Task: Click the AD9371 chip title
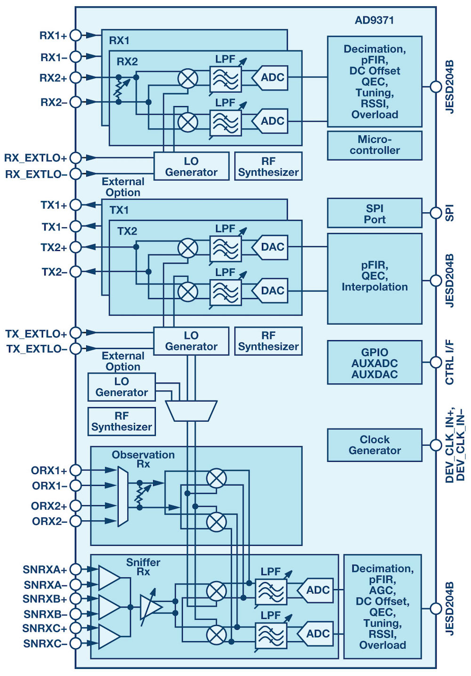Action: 374,20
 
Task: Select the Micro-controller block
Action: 374,145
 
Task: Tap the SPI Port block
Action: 374,214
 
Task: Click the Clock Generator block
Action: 374,445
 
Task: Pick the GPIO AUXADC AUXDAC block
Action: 374,363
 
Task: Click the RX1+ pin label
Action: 53,35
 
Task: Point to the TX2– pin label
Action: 54,272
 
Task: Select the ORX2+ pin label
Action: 49,506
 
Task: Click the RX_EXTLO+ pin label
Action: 35,158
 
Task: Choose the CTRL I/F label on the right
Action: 450,362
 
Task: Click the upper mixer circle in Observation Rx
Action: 217,478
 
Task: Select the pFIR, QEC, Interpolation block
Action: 374,278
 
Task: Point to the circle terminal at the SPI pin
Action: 436,213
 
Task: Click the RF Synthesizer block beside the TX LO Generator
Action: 268,341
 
